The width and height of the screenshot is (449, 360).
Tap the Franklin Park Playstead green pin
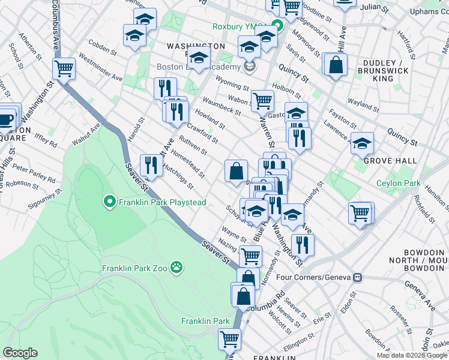109,202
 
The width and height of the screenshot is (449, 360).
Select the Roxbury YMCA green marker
278,26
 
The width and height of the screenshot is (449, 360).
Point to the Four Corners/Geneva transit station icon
358,277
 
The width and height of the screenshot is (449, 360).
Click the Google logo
20,353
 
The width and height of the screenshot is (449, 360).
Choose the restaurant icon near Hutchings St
151,166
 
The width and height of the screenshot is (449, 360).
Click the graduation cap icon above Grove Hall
362,144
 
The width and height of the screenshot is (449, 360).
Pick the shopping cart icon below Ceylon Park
360,212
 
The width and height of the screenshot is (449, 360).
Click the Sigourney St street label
44,200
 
